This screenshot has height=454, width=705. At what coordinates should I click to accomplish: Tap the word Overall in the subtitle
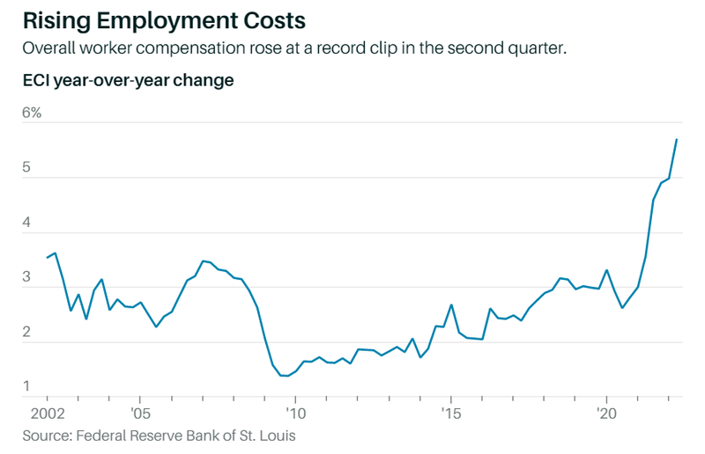49,48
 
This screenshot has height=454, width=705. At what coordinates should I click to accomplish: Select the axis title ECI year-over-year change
128,81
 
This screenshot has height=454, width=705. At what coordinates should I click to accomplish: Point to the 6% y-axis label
32,113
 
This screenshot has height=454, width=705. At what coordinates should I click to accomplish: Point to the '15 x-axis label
450,412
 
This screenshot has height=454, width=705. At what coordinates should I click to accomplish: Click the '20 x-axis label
606,412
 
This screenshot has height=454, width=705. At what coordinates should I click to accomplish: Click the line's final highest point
676,140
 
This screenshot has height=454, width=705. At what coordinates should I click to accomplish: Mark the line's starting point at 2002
47,257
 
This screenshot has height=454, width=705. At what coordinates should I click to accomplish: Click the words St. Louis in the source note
272,435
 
